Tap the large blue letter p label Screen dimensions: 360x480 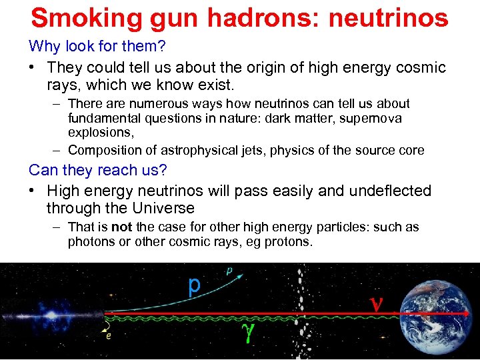click(x=193, y=285)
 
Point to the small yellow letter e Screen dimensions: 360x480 click(x=108, y=337)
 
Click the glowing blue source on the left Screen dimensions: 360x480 click(x=51, y=312)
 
